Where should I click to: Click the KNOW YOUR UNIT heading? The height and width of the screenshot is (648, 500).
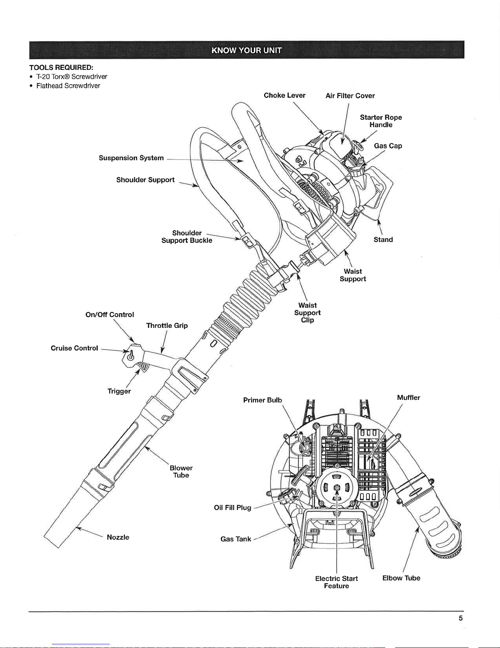(247, 50)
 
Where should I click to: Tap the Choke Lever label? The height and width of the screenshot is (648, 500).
(284, 95)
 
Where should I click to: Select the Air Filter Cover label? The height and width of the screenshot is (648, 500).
(350, 96)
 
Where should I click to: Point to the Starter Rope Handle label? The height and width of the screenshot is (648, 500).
(381, 121)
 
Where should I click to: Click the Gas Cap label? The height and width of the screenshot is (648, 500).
(388, 146)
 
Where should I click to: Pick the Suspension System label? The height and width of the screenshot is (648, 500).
(131, 158)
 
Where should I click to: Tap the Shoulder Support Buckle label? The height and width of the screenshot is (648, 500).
(187, 237)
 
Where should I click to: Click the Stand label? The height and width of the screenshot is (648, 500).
(383, 240)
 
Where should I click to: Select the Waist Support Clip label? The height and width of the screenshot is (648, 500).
(307, 312)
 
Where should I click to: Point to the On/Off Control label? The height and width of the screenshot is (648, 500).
(109, 314)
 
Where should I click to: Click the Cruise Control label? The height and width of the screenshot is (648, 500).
(74, 348)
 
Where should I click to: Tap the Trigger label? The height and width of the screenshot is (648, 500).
(119, 391)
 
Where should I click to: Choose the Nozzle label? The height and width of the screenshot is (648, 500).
(118, 537)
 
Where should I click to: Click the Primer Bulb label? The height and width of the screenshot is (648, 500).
(262, 400)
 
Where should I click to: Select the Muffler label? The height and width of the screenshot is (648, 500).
(409, 397)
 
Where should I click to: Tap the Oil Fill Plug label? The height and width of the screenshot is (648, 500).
(232, 508)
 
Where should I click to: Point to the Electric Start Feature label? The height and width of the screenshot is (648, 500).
(336, 582)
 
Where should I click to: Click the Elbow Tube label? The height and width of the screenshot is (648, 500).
(401, 578)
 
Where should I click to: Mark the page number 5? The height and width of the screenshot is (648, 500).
(460, 618)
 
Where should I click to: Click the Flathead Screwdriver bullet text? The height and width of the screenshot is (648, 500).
(68, 86)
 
